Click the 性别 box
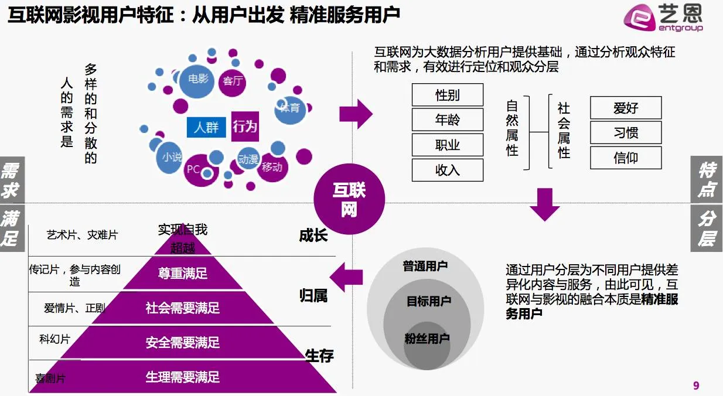click(448, 95)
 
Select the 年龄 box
click(448, 120)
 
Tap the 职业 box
click(448, 145)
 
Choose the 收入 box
click(448, 170)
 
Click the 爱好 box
click(626, 108)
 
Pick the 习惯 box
click(626, 133)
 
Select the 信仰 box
click(626, 158)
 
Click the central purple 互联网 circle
click(349, 199)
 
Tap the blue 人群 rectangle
click(206, 127)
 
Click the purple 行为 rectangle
click(245, 126)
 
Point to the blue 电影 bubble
click(198, 78)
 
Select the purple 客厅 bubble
click(233, 81)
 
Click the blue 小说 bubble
click(172, 157)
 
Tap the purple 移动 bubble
click(272, 167)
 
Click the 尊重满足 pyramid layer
click(182, 274)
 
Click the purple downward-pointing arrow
click(544, 204)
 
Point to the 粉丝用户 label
click(427, 339)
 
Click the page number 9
click(696, 385)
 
